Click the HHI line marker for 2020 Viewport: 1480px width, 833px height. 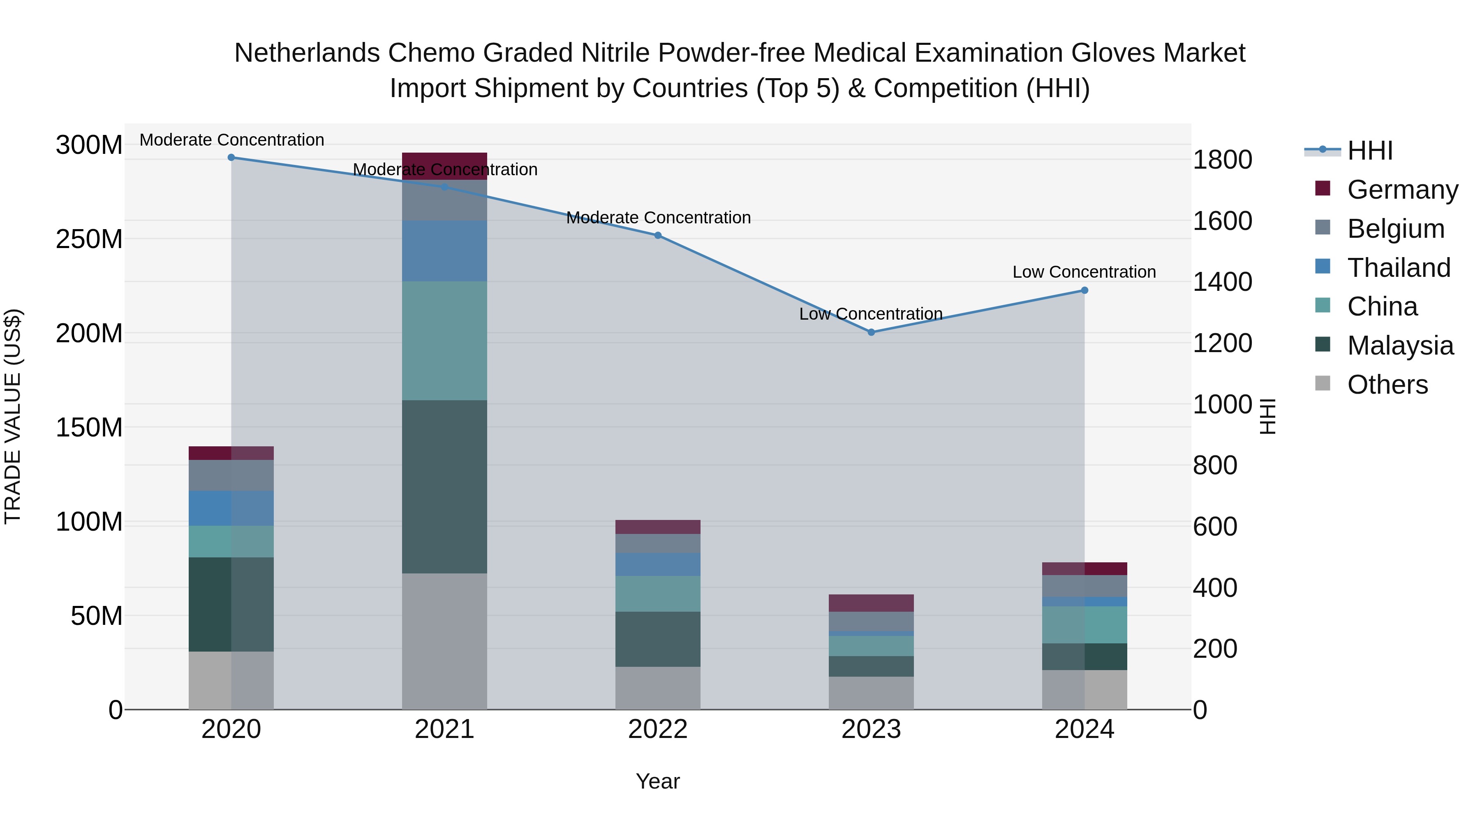[231, 158]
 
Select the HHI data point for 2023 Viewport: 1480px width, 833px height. [871, 332]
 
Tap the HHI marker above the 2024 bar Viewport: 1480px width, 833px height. [1084, 290]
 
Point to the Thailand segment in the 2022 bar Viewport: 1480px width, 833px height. [657, 564]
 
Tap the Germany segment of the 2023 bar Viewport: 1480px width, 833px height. [871, 603]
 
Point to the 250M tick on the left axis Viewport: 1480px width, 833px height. [89, 239]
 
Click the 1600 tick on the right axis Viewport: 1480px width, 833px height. [1222, 221]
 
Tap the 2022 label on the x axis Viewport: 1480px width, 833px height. [657, 729]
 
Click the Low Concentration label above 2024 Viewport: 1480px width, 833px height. [1084, 272]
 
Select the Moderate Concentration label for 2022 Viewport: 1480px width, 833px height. [659, 218]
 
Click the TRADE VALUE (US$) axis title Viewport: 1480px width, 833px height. [13, 416]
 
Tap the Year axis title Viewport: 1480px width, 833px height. [657, 781]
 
